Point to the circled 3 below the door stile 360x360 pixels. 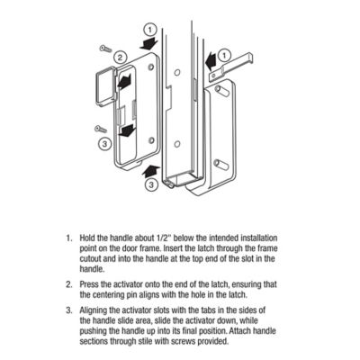pyautogui.click(x=148, y=184)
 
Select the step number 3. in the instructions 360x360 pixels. pyautogui.click(x=67, y=310)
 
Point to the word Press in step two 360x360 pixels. pyautogui.click(x=90, y=283)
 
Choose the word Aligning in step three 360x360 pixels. pyautogui.click(x=95, y=310)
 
